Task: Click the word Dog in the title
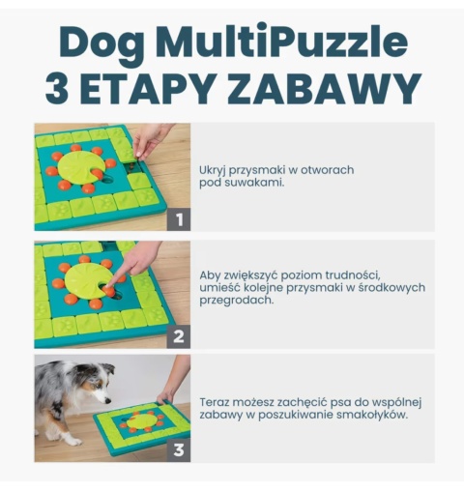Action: point(98,43)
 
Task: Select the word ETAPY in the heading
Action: point(158,87)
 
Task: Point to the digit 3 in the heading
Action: point(56,87)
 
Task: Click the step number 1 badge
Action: point(177,219)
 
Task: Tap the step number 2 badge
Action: point(177,336)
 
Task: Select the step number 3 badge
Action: point(177,449)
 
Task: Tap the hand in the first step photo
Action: point(151,139)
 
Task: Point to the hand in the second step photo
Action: point(139,260)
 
